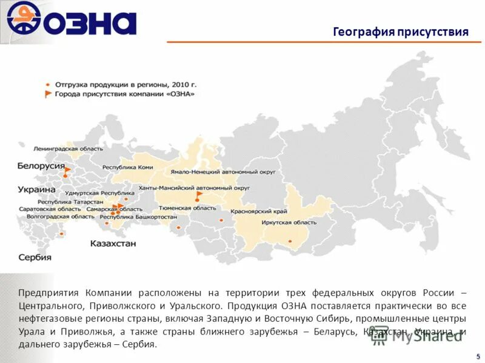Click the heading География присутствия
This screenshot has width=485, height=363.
coord(401,32)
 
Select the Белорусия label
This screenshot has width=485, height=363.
coord(41,166)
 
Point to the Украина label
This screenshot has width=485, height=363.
coord(36,189)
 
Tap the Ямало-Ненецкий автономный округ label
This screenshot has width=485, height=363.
coord(222,172)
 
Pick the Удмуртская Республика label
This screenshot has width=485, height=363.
coord(92,193)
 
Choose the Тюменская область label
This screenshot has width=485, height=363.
coord(195,208)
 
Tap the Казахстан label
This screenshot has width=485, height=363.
coord(113,244)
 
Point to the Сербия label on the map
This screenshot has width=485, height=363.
coord(35,257)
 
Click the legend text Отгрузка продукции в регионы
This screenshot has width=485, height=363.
coord(125,85)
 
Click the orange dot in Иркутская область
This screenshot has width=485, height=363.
coord(290,241)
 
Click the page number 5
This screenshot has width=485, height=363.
coord(478,356)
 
